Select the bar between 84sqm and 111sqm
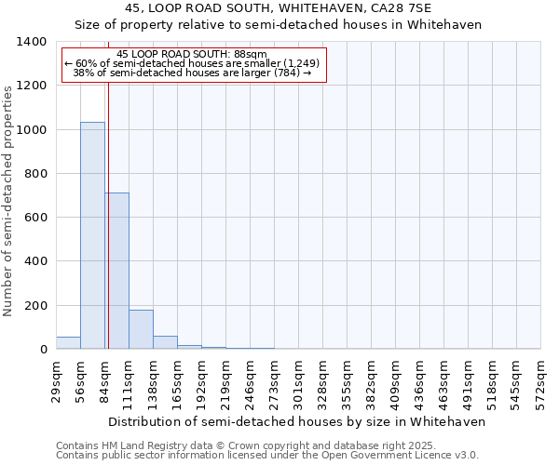[x=116, y=271]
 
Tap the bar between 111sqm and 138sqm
[x=141, y=329]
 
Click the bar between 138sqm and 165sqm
[x=165, y=342]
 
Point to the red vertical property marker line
[x=108, y=186]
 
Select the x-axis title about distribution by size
[x=298, y=421]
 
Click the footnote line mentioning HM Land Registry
[x=239, y=445]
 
